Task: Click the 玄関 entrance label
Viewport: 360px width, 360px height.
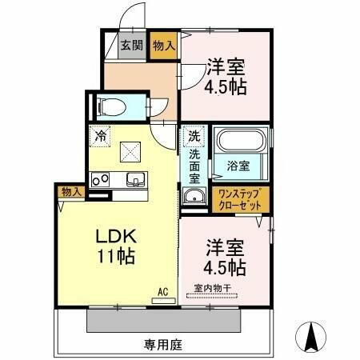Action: pyautogui.click(x=131, y=45)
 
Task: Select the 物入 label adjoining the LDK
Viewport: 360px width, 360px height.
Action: pyautogui.click(x=70, y=191)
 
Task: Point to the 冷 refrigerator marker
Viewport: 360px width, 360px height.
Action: pyautogui.click(x=99, y=135)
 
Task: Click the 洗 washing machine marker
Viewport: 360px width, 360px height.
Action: pyautogui.click(x=193, y=135)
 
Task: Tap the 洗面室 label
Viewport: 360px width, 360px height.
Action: pyautogui.click(x=194, y=165)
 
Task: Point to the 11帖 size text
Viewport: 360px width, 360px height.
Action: pyautogui.click(x=116, y=257)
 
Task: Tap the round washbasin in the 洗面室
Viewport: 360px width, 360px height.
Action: pyautogui.click(x=192, y=198)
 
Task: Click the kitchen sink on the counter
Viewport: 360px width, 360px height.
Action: pyautogui.click(x=134, y=179)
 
